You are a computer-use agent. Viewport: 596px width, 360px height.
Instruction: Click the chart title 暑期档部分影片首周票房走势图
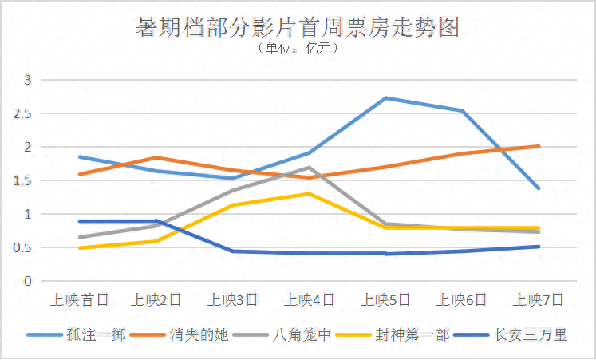[298, 26]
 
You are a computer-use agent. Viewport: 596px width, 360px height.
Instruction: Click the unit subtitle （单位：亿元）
[298, 49]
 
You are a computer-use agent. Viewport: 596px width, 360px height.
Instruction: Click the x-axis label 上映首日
[79, 300]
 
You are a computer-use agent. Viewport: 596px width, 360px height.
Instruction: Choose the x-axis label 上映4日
[309, 300]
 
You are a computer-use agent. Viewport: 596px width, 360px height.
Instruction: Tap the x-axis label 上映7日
[539, 300]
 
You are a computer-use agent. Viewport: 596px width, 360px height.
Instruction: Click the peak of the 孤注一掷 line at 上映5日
[386, 98]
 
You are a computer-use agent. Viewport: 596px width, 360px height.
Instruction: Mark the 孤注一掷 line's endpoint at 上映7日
[539, 188]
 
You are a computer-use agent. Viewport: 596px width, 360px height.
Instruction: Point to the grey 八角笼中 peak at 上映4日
[310, 168]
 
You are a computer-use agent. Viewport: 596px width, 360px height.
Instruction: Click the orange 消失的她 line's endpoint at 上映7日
[539, 146]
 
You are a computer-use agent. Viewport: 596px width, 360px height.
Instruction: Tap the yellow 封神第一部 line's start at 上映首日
[80, 248]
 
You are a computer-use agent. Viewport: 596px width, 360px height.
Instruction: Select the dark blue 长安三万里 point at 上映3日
[233, 251]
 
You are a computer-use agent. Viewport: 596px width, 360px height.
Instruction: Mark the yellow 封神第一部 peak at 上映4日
[310, 194]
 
